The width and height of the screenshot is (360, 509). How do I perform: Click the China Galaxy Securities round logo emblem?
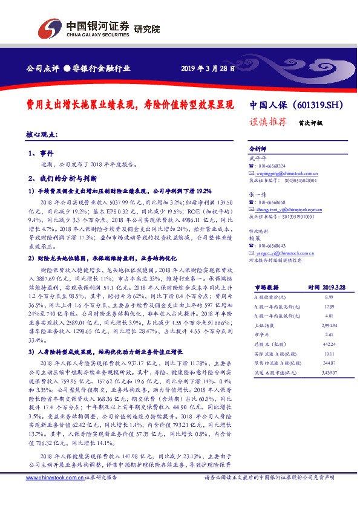(49, 28)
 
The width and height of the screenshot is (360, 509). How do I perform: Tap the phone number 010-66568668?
(272, 202)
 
